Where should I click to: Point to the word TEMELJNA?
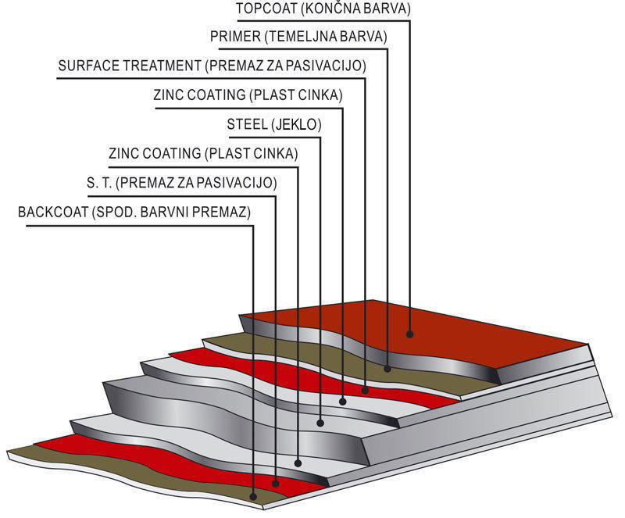point(304,37)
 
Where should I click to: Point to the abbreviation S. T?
point(98,183)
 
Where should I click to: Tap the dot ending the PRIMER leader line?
point(388,367)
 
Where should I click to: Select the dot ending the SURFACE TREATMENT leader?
point(366,389)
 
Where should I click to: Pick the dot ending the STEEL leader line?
point(320,423)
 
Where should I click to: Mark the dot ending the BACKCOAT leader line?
point(254,497)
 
